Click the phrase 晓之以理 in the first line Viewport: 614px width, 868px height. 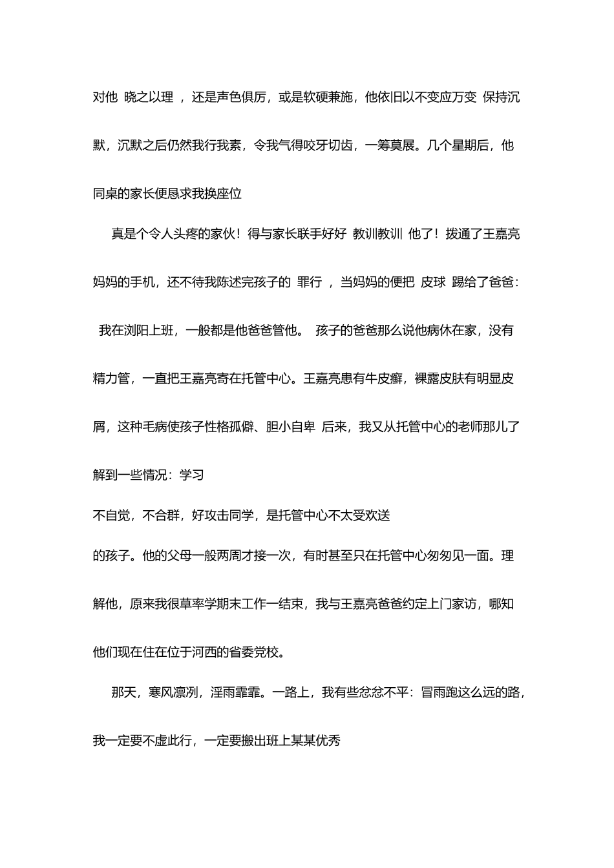149,98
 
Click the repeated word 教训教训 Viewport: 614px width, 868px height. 377,234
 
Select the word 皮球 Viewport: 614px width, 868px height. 433,282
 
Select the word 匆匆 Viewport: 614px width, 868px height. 439,555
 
